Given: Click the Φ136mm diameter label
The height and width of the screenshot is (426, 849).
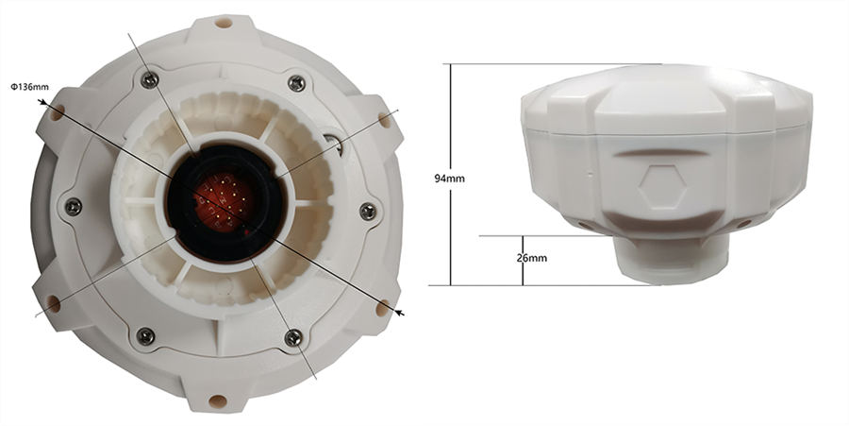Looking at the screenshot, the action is point(30,87).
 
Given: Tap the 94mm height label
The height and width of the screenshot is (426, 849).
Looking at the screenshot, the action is point(449,179).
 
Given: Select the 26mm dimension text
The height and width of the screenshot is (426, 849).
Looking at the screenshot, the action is point(532,258).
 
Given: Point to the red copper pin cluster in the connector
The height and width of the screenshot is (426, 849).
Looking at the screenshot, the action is point(223,201).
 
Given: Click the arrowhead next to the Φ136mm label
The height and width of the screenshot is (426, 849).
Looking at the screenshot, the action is point(42,101).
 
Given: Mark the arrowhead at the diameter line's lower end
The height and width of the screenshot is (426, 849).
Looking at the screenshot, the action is point(400,313).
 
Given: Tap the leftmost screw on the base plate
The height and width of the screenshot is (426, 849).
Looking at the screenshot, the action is point(73,207).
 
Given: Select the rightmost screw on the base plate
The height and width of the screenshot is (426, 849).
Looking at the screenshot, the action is point(368,211).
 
